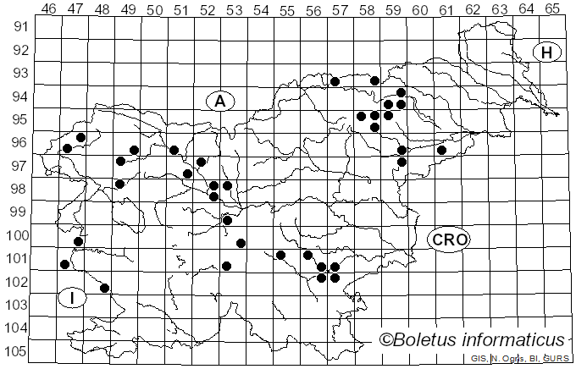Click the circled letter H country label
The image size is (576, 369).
point(547,52)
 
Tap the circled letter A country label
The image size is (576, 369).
point(219,101)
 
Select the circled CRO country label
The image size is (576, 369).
point(448,240)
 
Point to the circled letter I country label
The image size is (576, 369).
point(73,297)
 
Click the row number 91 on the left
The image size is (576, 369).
point(22,27)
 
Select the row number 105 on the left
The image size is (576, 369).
point(19,351)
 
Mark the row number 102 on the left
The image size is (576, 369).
point(19,282)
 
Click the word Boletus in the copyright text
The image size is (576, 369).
point(430,339)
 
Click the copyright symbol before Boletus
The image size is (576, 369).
point(385,339)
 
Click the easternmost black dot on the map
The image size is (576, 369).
point(441,150)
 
